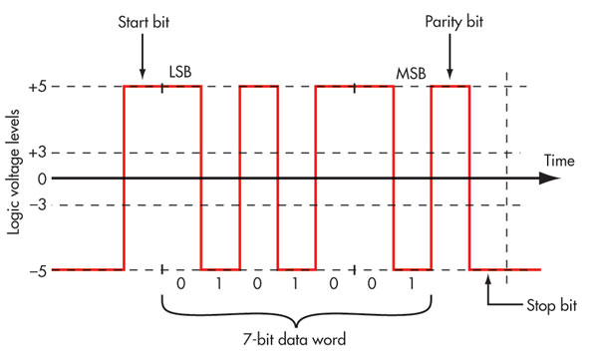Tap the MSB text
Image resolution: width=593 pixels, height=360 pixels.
click(410, 74)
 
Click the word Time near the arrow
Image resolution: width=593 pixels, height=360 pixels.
click(560, 160)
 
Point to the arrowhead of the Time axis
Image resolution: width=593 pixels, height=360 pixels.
click(549, 179)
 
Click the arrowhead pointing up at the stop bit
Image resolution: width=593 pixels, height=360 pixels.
click(489, 282)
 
